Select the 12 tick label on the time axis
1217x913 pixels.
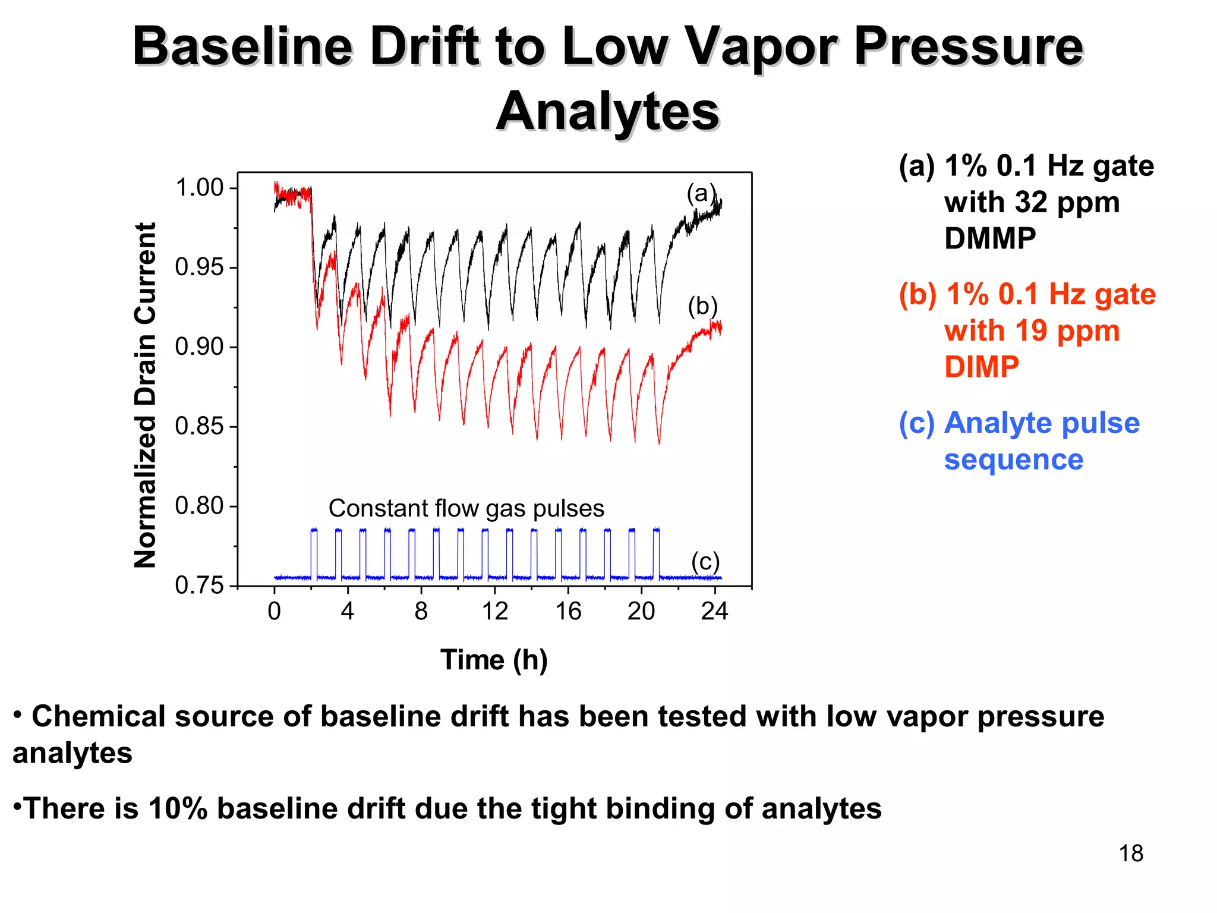(x=494, y=611)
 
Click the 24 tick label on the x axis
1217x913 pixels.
(x=714, y=611)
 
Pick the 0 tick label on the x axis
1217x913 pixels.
(x=274, y=611)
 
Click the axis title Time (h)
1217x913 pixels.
(x=494, y=660)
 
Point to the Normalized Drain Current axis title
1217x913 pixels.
(x=146, y=395)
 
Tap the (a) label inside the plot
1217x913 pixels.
(x=701, y=193)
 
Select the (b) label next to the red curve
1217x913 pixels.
(x=702, y=306)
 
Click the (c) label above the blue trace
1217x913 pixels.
(x=705, y=561)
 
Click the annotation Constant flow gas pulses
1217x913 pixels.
(x=466, y=508)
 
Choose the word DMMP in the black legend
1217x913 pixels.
(x=990, y=238)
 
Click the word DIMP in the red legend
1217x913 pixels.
(x=982, y=366)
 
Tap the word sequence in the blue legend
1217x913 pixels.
(x=1013, y=459)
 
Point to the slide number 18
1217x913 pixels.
(x=1131, y=854)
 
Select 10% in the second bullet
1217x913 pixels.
(x=178, y=808)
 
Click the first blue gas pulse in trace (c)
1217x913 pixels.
(x=314, y=553)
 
